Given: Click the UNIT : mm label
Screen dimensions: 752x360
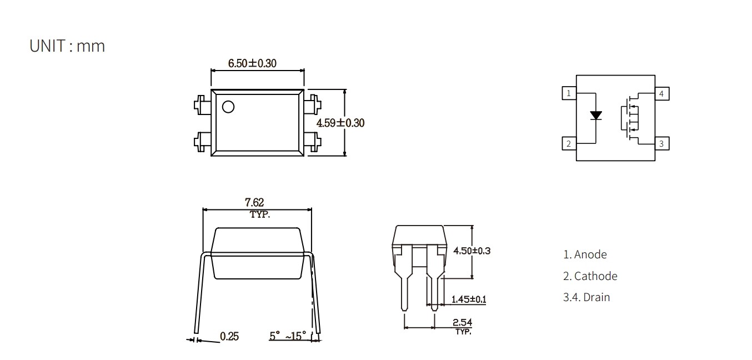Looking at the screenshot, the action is click(x=67, y=46).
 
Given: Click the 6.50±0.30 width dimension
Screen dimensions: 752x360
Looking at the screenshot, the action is click(x=252, y=63).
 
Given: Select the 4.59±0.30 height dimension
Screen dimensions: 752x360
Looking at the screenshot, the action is click(x=340, y=123).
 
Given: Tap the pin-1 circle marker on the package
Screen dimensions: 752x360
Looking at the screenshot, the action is click(x=228, y=107).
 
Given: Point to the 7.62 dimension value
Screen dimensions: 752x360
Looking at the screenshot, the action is click(x=254, y=202).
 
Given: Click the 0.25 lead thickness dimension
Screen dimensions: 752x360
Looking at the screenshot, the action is click(x=229, y=336).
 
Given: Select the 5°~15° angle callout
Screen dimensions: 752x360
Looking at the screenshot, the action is click(x=288, y=336).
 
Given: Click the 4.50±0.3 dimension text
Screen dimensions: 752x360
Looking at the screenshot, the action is click(x=472, y=251).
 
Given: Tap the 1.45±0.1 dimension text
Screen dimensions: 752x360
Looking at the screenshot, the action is click(x=469, y=299).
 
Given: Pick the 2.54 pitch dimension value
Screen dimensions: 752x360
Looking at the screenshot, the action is click(x=462, y=322).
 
